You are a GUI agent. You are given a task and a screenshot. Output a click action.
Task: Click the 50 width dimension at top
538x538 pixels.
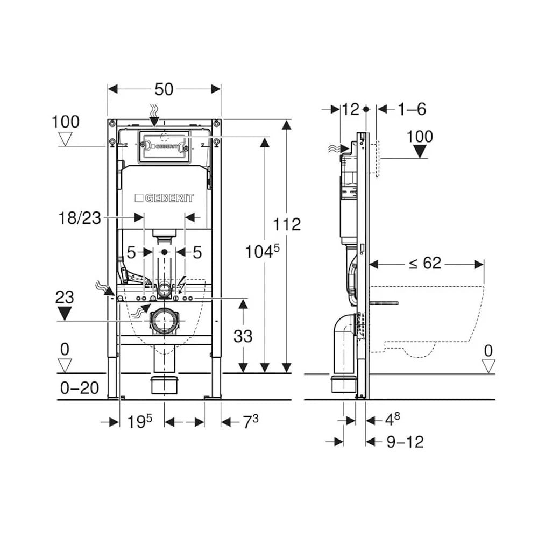(x=164, y=89)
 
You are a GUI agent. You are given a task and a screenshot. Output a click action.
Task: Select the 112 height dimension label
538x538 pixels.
(x=287, y=224)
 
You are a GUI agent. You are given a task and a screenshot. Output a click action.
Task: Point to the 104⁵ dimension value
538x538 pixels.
(x=263, y=251)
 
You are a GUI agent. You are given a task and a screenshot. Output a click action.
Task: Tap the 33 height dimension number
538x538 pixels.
(x=243, y=336)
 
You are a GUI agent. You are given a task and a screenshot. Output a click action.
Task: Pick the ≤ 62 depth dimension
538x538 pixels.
(x=425, y=263)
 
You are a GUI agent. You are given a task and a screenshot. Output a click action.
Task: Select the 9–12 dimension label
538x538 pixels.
(x=405, y=442)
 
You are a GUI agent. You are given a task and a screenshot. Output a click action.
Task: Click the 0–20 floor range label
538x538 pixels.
(x=79, y=388)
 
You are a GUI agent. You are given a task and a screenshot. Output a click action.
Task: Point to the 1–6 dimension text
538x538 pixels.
(x=412, y=109)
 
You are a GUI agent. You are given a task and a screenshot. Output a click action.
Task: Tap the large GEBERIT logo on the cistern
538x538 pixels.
(x=164, y=198)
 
